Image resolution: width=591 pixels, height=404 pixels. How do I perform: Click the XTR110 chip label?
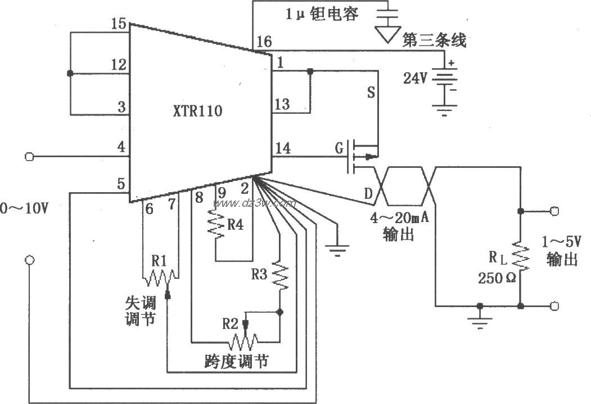click(197, 112)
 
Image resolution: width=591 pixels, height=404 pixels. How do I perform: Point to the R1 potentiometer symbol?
click(160, 276)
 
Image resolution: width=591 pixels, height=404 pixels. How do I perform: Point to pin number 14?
click(284, 148)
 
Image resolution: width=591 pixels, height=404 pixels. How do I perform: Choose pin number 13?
click(283, 104)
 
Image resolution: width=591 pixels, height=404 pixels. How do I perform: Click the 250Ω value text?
click(497, 278)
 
